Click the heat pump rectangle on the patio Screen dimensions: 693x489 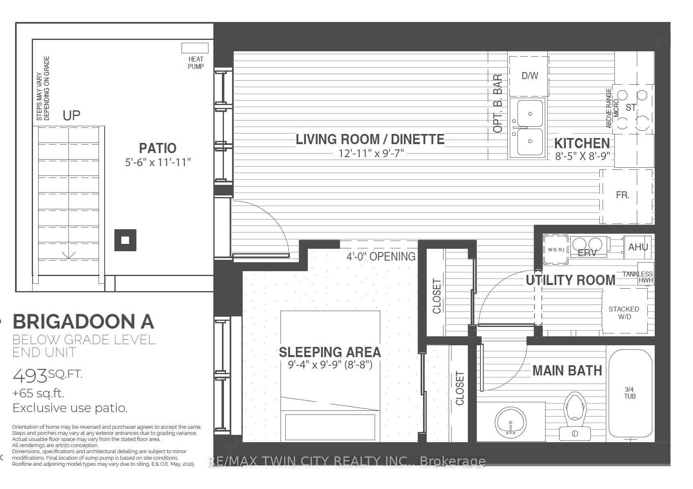(x=195, y=48)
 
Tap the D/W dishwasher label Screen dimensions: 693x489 (x=530, y=75)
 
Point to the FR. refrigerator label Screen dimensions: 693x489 (x=623, y=195)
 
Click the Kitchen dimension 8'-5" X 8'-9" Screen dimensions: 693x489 (x=582, y=156)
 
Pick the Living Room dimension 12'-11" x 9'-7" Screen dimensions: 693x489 (x=371, y=153)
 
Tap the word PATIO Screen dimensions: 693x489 (x=158, y=148)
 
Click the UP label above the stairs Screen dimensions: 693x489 (x=72, y=116)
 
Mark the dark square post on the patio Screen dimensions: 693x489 (x=125, y=240)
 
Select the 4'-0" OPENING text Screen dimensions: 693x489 (x=381, y=257)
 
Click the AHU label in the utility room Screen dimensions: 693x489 (x=638, y=247)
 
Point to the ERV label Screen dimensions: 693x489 (x=587, y=253)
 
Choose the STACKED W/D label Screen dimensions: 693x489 (x=624, y=313)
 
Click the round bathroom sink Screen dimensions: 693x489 (x=511, y=423)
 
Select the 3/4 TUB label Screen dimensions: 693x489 (x=629, y=393)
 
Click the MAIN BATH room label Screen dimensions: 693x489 (x=567, y=371)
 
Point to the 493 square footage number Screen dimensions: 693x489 (x=30, y=376)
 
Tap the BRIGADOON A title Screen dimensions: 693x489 (x=83, y=322)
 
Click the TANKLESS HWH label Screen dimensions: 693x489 (x=638, y=277)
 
